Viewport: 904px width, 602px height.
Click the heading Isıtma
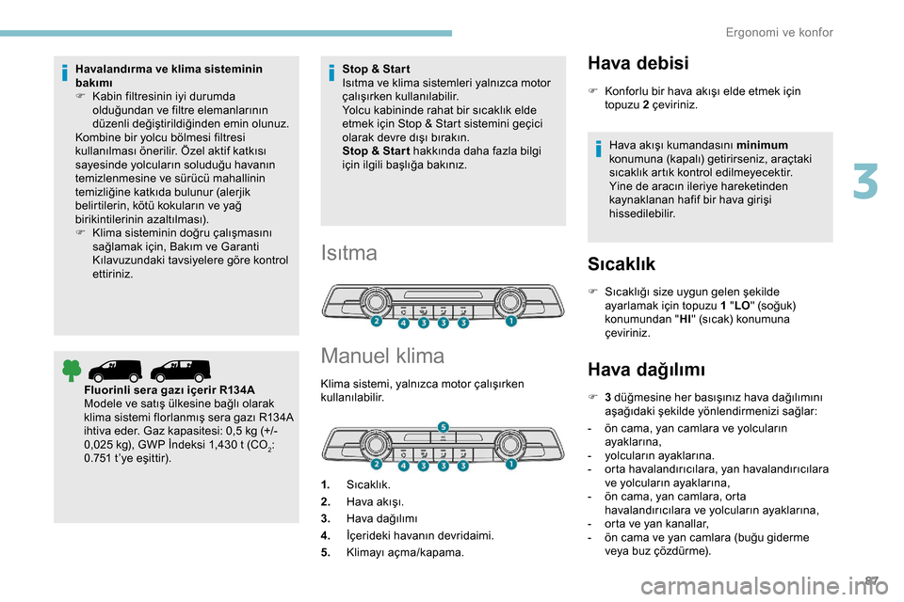pos(349,253)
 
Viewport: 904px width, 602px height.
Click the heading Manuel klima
pos(382,356)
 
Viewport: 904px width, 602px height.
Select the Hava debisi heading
pos(638,63)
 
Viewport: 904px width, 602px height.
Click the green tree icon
pos(72,371)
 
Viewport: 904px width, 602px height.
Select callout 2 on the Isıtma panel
pos(375,322)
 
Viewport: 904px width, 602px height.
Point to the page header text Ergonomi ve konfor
pos(780,33)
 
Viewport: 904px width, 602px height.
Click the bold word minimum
pos(763,145)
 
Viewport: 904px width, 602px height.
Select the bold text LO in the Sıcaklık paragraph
pos(744,306)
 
